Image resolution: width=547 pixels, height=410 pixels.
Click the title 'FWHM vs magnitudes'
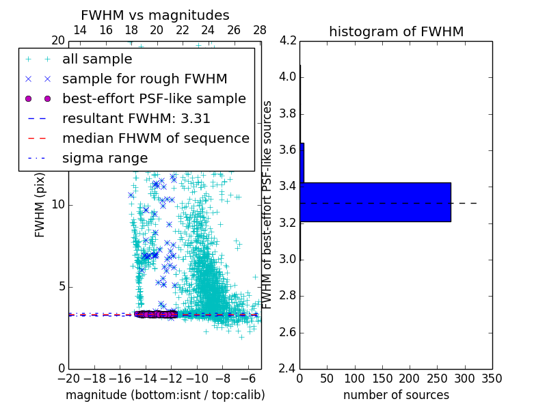[x=155, y=15]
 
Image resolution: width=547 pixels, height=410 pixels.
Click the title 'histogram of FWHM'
[x=396, y=31]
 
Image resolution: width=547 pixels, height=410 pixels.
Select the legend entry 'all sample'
[x=97, y=59]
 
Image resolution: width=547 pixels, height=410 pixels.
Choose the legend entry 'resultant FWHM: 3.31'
[x=136, y=118]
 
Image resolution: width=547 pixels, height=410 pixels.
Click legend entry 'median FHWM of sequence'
[x=155, y=138]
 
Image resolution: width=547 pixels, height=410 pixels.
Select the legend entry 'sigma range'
[x=105, y=158]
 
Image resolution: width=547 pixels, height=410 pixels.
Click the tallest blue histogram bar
[x=375, y=202]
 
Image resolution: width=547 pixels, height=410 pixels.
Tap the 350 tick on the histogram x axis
[x=492, y=378]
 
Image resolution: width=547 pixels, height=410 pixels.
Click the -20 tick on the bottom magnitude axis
[x=68, y=378]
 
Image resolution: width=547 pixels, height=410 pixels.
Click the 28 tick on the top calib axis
[x=260, y=31]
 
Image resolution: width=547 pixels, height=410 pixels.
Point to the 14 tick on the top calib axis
[x=79, y=31]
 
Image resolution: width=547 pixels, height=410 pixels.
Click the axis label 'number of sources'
[x=396, y=395]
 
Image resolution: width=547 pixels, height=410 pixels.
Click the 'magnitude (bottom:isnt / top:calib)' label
[x=165, y=395]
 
